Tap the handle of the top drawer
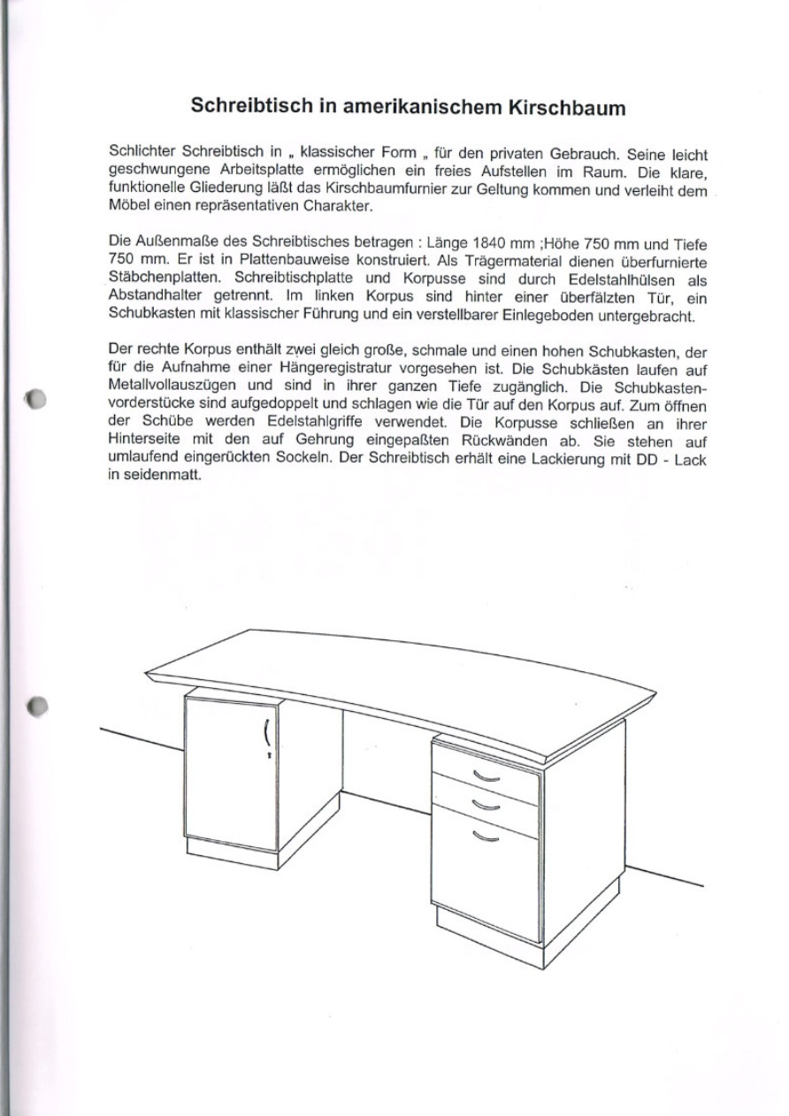[486, 776]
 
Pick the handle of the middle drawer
[486, 804]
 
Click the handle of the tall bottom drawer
[486, 837]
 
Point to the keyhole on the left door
[269, 757]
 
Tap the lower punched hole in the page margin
[36, 707]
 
